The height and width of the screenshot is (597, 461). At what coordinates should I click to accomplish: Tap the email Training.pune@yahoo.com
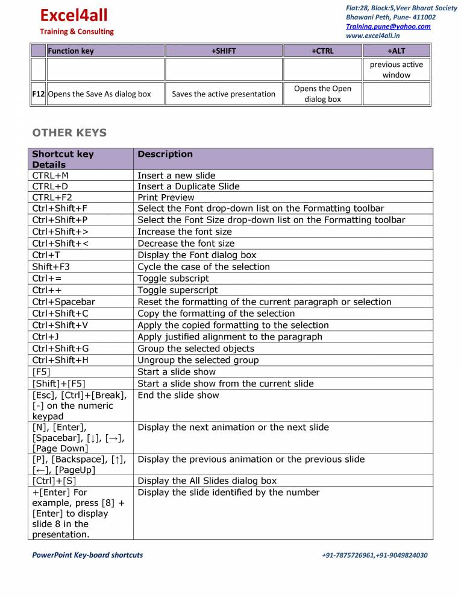coord(388,27)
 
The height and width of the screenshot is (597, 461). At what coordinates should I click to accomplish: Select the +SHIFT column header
coord(224,51)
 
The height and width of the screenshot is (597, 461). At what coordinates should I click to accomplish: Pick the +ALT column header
coord(396,51)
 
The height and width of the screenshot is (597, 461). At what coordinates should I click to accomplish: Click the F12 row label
coord(39,94)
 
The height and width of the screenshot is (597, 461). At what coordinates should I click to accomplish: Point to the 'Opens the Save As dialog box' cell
coord(99,94)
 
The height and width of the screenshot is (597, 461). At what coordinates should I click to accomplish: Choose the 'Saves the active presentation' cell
coord(224,94)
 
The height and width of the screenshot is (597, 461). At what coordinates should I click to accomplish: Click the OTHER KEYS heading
coord(69,133)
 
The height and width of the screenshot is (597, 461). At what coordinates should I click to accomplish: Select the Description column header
coord(165,154)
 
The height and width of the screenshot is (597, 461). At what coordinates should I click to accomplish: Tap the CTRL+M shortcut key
coord(51,175)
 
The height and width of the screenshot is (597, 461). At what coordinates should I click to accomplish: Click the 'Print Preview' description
coord(166,197)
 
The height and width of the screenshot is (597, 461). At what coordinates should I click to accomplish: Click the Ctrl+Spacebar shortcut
coord(63,302)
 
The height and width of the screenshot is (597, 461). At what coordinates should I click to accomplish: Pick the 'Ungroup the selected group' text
coord(198,360)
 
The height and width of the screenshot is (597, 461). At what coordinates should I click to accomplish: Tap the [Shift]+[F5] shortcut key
coord(58,384)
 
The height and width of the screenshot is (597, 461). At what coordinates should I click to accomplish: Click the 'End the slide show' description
coord(178,396)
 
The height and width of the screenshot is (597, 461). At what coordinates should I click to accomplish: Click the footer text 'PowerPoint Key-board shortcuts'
coord(87,555)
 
